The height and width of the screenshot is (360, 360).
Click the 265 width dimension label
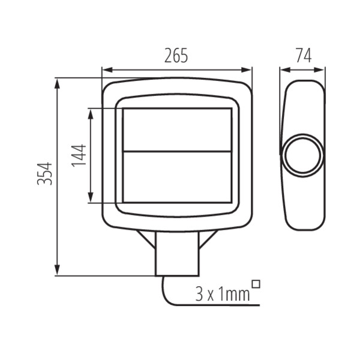point(176,56)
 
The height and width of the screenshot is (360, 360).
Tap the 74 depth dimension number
point(304,56)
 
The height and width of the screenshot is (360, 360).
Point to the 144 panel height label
point(79,155)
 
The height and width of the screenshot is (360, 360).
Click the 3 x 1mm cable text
point(222,295)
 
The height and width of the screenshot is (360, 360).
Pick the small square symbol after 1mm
point(256,284)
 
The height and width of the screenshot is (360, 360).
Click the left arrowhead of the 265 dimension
point(107,70)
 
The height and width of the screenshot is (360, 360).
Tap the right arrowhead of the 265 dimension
point(247,70)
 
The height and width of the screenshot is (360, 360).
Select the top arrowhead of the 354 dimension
point(57,83)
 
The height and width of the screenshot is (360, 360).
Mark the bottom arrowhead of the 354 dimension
point(57,270)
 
